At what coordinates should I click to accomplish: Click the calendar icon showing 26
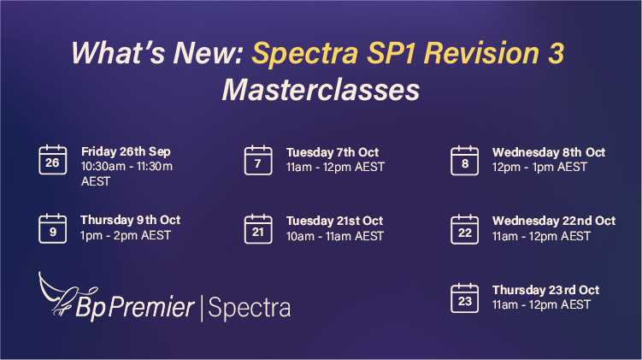click(53, 160)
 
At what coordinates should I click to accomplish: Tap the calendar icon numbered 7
click(258, 161)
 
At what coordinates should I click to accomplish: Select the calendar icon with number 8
click(465, 161)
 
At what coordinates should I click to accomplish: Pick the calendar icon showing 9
click(53, 228)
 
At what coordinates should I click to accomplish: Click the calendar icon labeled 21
click(258, 229)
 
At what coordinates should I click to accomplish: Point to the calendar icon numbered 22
click(465, 229)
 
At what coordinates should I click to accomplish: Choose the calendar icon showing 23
click(465, 298)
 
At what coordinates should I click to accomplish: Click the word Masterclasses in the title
click(321, 90)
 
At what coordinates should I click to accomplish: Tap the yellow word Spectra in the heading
click(305, 54)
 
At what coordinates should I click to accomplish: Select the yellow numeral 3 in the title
click(556, 52)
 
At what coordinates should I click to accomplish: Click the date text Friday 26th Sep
click(126, 151)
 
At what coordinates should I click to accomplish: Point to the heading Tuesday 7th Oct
click(333, 152)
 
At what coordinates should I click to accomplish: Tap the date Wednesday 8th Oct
click(549, 152)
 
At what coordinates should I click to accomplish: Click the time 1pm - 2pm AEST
click(126, 235)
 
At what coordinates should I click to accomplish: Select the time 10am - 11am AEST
click(335, 236)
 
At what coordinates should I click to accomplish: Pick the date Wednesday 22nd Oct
click(554, 221)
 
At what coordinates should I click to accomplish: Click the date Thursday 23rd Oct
click(545, 290)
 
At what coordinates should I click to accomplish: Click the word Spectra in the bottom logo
click(250, 308)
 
